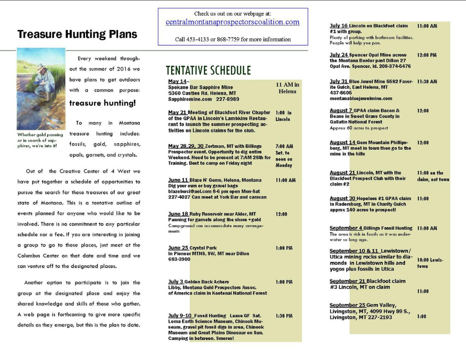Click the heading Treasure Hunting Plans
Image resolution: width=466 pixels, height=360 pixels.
(77, 35)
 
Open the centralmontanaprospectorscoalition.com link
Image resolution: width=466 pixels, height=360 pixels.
(233, 22)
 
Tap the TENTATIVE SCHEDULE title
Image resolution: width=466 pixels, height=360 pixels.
(208, 71)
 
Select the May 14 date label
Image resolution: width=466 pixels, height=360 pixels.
(177, 81)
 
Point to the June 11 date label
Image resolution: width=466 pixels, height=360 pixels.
(178, 180)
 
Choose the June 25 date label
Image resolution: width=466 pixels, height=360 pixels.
(178, 248)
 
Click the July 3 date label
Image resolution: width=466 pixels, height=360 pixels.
(176, 282)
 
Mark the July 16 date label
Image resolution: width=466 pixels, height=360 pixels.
(339, 26)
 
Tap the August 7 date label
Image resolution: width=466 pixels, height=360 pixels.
(341, 111)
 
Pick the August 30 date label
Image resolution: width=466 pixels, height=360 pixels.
(342, 198)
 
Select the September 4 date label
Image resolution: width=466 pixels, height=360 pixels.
(346, 228)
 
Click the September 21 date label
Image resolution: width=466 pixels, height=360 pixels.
(348, 281)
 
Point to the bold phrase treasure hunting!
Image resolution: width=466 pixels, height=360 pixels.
(102, 103)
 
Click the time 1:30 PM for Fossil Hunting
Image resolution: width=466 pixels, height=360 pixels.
(284, 316)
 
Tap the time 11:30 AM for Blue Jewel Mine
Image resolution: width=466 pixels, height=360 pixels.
(427, 81)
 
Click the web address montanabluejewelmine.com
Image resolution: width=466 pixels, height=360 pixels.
(361, 98)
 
